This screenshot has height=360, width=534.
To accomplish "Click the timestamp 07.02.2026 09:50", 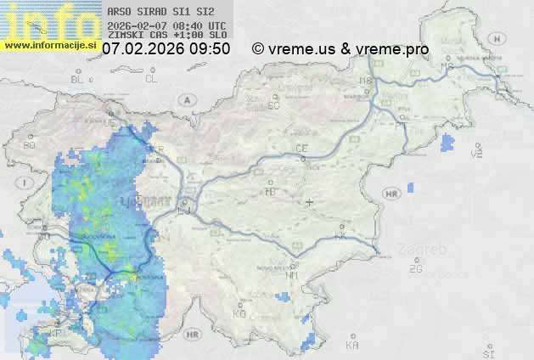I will coord(166,49).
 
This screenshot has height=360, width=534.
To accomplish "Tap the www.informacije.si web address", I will coord(49,43).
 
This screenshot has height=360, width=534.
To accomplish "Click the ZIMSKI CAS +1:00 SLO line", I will coord(166,36).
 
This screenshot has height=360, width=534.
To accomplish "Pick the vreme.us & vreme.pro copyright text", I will coord(340,49).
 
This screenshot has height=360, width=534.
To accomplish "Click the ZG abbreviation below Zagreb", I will coord(415,269).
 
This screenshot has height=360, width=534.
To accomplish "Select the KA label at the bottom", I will coord(352,346).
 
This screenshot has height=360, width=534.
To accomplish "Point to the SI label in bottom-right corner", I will coord(487,352).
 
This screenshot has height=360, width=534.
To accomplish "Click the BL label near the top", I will coord(78,79).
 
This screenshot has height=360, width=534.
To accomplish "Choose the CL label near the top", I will coord(151,79).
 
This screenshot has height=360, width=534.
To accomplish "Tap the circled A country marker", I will coord(185,99).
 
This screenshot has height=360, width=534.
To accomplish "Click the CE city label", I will coord(301,149).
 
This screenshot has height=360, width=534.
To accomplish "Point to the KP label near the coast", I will coord(54,334).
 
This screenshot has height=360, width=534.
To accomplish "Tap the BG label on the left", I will coord(30,145).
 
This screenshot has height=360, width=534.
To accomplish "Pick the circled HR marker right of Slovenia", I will coord(391,194).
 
